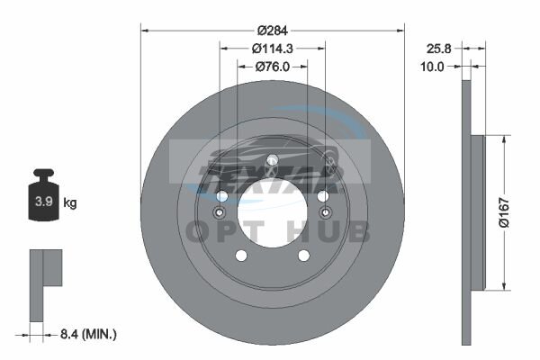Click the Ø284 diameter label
pos(272,31)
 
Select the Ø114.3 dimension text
pos(272,49)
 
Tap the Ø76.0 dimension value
pos(273,67)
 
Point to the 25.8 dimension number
pos(439,49)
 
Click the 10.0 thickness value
pos(432,67)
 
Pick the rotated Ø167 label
pos(504,212)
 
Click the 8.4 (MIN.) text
pos(88,334)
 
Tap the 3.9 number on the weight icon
pos(44,202)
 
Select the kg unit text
pos(70,202)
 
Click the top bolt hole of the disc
pos(273,160)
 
